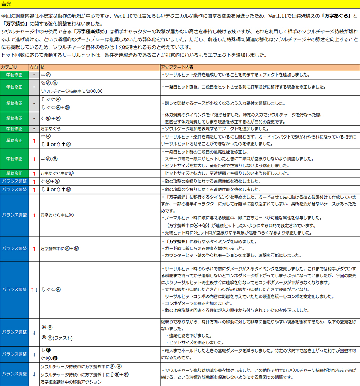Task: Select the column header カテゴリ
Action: (9, 67)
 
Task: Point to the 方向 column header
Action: (33, 67)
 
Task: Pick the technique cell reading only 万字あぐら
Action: (51, 129)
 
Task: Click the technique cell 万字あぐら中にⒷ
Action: (57, 173)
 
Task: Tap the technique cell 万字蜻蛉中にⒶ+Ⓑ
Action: (60, 249)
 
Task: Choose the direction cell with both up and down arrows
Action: (34, 289)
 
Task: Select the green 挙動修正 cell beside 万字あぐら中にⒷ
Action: (14, 173)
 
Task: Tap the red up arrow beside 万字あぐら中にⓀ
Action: (34, 215)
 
